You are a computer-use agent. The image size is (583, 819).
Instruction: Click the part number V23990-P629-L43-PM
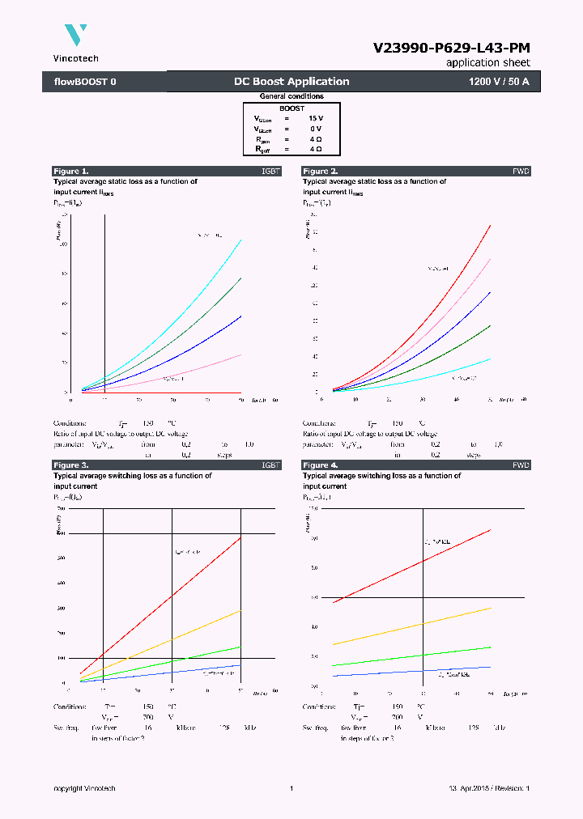click(x=451, y=48)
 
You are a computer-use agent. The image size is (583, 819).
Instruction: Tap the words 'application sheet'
click(x=488, y=62)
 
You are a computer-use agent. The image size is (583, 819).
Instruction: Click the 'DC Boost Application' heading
click(x=291, y=82)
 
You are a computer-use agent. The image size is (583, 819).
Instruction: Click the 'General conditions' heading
click(x=291, y=96)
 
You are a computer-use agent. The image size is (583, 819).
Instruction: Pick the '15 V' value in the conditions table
click(x=315, y=118)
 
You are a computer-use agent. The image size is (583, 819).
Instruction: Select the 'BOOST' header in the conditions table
click(x=291, y=108)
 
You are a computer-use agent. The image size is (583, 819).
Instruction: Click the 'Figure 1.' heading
click(x=71, y=172)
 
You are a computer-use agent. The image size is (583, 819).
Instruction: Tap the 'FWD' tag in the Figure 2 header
click(x=521, y=172)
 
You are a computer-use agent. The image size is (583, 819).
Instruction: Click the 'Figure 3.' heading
click(x=71, y=465)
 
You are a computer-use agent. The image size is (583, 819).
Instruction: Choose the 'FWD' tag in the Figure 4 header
click(x=521, y=465)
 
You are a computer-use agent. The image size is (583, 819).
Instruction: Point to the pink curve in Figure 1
click(x=202, y=369)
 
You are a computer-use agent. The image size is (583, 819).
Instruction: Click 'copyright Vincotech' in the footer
click(x=84, y=788)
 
